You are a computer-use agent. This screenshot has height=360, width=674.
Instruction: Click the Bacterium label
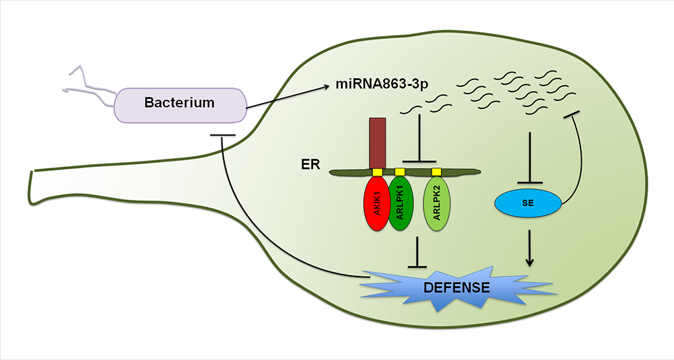pos(179,103)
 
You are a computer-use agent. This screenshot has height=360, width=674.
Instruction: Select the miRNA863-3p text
pos(382,85)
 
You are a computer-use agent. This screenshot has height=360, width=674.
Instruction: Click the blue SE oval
pos(528,204)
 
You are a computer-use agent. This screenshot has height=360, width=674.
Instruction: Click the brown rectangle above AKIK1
pos(376,142)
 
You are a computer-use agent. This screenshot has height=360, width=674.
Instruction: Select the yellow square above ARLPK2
pos(436,172)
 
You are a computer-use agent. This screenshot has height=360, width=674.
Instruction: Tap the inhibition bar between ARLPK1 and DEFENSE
pos(418,252)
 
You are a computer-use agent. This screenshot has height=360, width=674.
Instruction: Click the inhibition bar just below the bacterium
pos(222,136)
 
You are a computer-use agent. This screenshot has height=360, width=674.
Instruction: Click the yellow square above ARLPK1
pos(400,172)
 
